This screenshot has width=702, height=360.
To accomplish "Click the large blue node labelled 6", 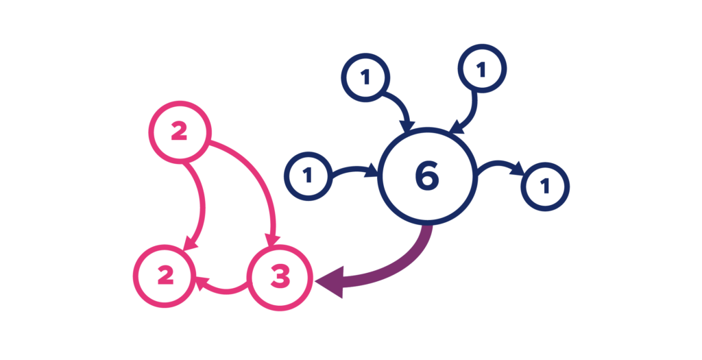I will (x=427, y=176).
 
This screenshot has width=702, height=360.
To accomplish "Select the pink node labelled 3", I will (x=279, y=278).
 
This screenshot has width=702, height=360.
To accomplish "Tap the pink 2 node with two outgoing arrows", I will (x=179, y=132).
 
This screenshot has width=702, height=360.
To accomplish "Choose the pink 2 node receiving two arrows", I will (x=165, y=276).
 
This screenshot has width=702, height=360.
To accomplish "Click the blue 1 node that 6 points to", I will (x=546, y=186).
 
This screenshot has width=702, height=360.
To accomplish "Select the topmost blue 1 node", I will (x=482, y=69).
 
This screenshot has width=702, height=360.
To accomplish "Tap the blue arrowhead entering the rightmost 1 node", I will (x=519, y=169).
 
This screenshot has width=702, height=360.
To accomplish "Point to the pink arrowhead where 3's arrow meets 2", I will (x=202, y=280).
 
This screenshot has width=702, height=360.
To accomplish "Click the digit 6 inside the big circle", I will (x=426, y=176).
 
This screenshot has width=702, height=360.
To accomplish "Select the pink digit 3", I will (x=279, y=278).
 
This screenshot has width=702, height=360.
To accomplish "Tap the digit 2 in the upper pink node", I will (x=179, y=132).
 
